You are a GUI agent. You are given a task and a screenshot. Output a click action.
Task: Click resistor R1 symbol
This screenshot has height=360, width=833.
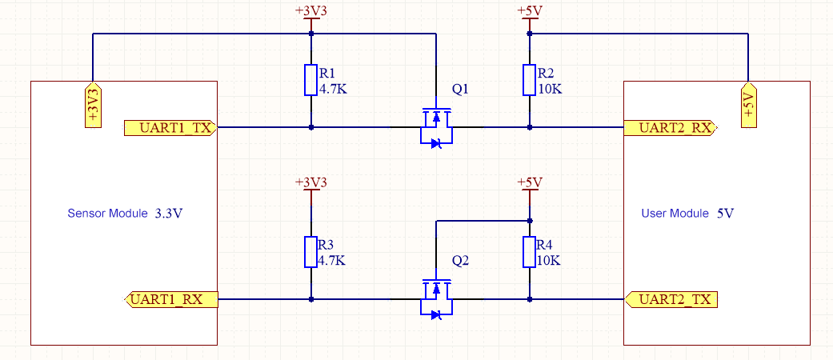click(x=311, y=80)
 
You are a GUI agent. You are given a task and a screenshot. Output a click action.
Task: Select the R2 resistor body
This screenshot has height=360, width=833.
click(x=529, y=80)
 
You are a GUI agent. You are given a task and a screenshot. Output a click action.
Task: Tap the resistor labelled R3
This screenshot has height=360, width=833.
click(x=311, y=252)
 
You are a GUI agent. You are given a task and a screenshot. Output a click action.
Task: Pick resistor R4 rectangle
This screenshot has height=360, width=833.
click(x=529, y=252)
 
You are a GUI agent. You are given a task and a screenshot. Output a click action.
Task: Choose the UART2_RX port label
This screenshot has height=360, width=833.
click(x=670, y=127)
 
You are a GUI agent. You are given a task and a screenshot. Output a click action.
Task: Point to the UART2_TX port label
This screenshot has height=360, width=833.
click(x=670, y=300)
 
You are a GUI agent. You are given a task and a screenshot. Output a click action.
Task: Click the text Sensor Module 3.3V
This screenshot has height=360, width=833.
click(x=126, y=214)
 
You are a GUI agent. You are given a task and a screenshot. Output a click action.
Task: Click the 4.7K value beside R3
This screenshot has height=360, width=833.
click(x=332, y=261)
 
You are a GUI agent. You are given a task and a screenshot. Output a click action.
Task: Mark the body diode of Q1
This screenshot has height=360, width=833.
click(x=436, y=144)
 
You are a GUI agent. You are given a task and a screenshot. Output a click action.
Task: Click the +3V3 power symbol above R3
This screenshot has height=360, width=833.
click(x=311, y=184)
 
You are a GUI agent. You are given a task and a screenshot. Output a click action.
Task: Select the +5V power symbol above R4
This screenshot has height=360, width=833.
click(x=529, y=184)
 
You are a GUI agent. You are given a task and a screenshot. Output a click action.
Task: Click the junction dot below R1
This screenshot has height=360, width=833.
click(x=311, y=127)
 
